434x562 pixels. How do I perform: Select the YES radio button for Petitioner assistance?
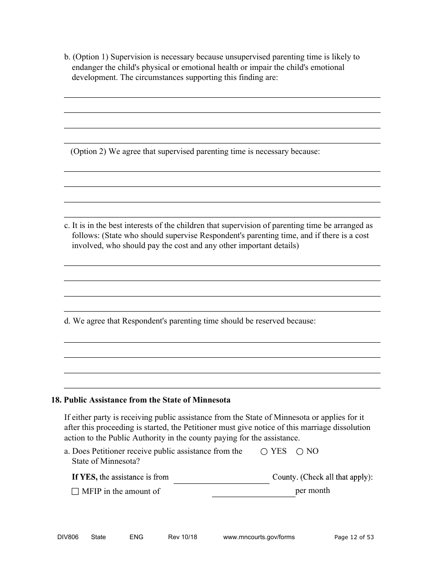tap(264, 451)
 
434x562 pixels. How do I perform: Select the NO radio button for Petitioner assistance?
tap(300, 451)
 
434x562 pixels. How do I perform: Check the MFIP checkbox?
tap(75, 492)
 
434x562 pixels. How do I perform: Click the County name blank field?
tap(221, 478)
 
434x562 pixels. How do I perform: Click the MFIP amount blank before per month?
tap(253, 492)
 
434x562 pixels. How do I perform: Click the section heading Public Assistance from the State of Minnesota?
tap(147, 400)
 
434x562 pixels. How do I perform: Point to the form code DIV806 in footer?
tap(65, 537)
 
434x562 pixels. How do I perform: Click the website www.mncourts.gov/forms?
tap(259, 537)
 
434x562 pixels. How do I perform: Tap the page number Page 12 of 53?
tap(354, 537)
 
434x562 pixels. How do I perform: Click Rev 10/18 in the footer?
tap(182, 537)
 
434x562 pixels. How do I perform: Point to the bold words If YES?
tap(85, 477)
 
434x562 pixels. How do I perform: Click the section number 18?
tap(56, 400)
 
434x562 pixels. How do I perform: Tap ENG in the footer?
tap(136, 537)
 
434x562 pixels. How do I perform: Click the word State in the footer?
tap(98, 537)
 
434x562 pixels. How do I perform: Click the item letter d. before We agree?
tap(67, 321)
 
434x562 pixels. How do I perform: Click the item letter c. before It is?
tap(67, 226)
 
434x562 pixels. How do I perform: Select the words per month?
tap(312, 491)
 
